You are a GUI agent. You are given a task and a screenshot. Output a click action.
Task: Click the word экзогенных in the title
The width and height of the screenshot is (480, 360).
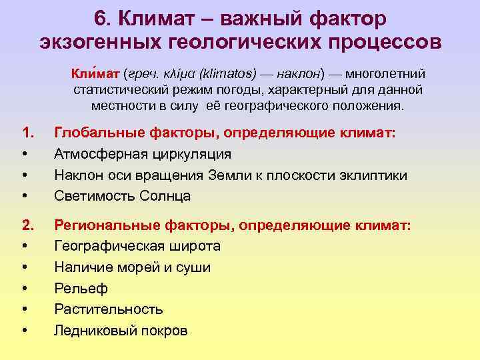pos(93,43)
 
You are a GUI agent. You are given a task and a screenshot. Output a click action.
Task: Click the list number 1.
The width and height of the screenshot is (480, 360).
pos(27,133)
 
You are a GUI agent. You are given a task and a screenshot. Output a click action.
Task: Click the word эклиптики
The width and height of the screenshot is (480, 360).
pos(374,175)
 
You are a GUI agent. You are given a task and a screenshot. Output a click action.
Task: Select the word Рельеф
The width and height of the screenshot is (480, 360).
pos(81,289)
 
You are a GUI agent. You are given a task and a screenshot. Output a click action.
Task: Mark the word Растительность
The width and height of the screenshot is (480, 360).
pos(109,309)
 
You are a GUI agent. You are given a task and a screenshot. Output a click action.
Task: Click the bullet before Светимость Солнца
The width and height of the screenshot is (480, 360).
pos(25,196)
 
